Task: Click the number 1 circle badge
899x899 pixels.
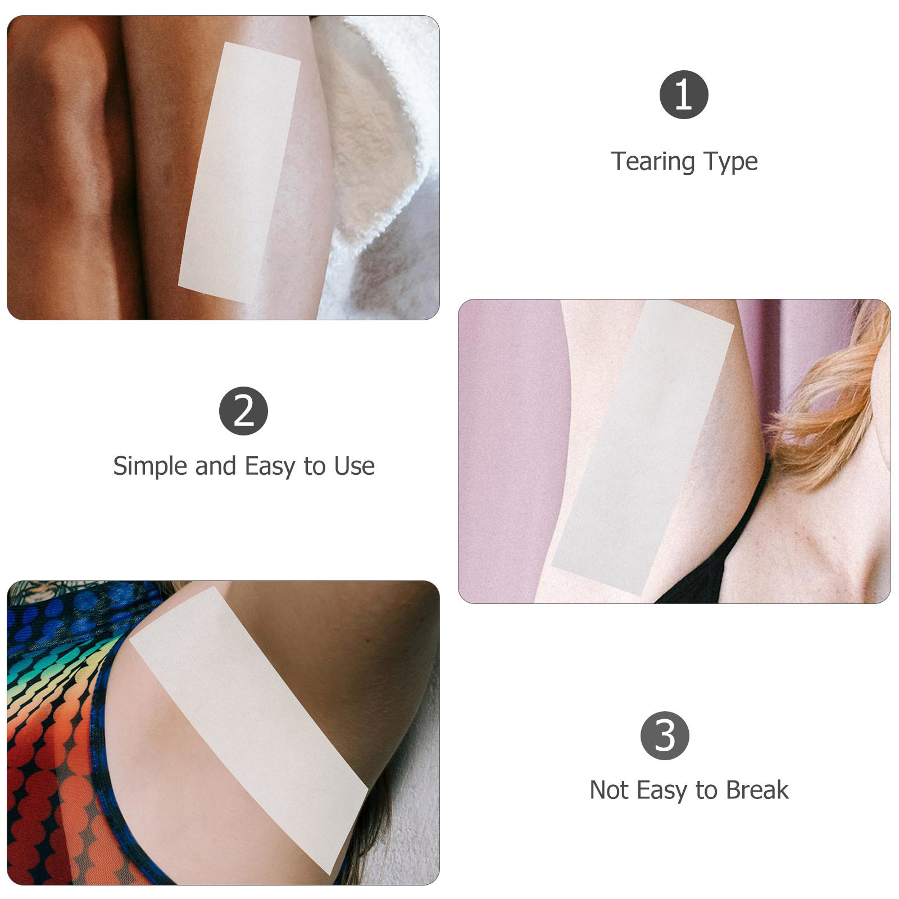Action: pos(683,94)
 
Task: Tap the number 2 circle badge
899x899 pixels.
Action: pos(243,411)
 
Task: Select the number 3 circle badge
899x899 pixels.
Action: pos(665,735)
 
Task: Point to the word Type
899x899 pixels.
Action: pos(730,162)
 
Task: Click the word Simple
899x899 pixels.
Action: pos(151,466)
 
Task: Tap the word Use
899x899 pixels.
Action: pos(354,466)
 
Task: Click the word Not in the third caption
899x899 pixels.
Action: pos(609,790)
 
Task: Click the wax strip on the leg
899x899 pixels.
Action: pos(239,172)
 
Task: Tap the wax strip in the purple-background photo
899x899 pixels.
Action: pos(643,447)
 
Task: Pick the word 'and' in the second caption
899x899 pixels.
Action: pos(216,466)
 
